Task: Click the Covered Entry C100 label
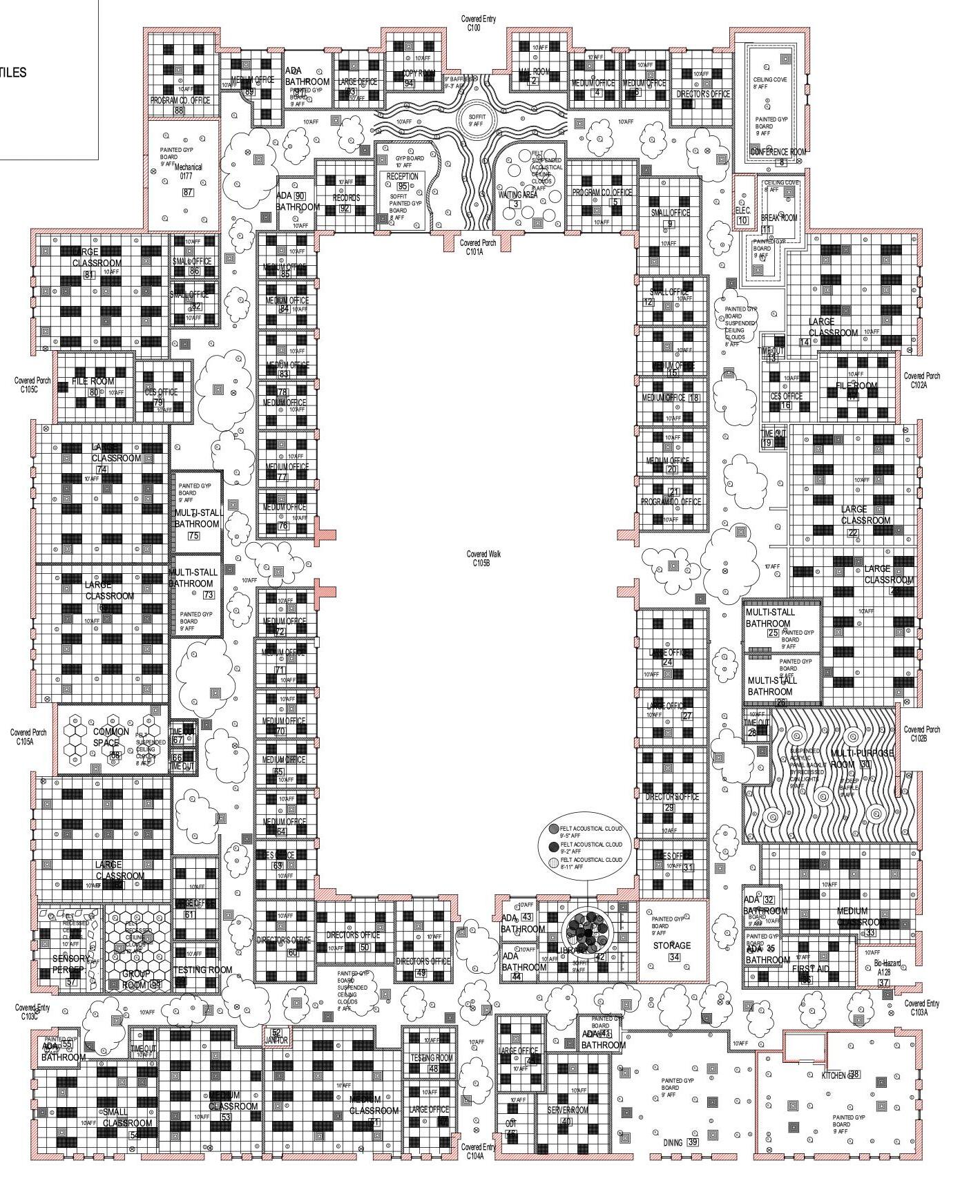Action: coord(479,23)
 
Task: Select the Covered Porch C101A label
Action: coord(478,247)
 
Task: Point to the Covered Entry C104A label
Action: coord(479,1151)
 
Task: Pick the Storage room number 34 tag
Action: coord(674,957)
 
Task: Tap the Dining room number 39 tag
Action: coord(693,1142)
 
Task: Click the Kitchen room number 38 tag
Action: coord(854,1074)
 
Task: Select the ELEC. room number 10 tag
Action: coord(742,220)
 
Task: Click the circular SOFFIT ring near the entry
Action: coord(477,120)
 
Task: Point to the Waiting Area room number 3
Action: coord(515,204)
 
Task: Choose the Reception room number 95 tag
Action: coord(402,187)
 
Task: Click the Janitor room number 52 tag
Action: coord(276,1033)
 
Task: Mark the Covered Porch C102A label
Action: coord(921,380)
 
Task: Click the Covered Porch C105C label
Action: coord(32,384)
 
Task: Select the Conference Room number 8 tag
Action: coord(782,162)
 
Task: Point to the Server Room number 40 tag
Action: coord(566,1122)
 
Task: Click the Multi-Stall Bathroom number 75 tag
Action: coord(193,535)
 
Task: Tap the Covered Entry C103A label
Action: coord(921,1008)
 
